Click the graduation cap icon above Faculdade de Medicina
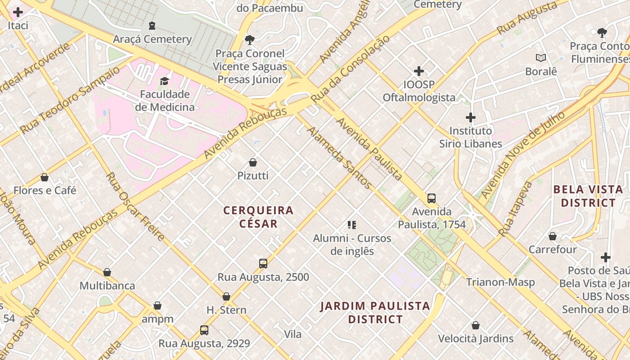point(165,81)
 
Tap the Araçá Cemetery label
point(152,39)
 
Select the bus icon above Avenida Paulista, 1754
point(431,198)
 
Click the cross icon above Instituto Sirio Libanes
point(470,117)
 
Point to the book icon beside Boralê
point(540,58)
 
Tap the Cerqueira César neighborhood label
point(258,216)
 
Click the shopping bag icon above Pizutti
point(253,162)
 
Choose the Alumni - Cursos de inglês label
point(352,244)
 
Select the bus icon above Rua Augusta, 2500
point(263,263)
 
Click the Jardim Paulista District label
point(375,313)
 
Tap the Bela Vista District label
point(588,196)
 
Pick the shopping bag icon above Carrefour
point(552,236)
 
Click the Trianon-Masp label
point(500,282)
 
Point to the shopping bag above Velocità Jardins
point(476,325)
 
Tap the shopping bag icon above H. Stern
point(226,296)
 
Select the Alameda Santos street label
point(339,157)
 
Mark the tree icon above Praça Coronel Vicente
point(249,40)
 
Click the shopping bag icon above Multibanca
point(107,272)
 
